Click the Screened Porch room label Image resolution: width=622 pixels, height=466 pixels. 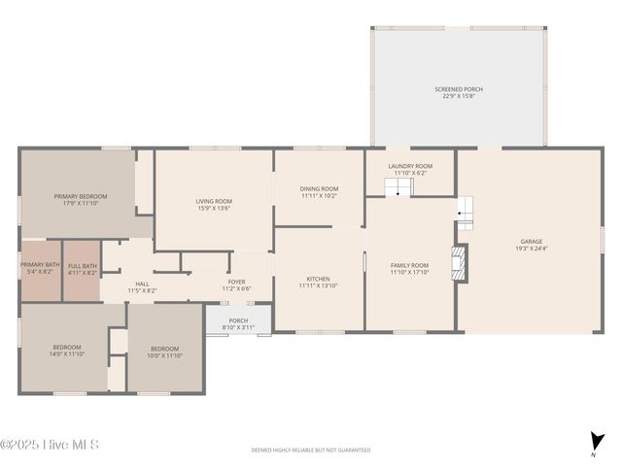coord(458,92)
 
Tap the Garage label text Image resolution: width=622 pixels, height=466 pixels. coord(531,245)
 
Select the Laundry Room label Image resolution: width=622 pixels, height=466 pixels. coord(410,169)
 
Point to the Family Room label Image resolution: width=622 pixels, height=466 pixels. coord(409,268)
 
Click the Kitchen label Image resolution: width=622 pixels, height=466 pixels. coord(319,282)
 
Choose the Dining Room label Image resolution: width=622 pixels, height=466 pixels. coord(319,191)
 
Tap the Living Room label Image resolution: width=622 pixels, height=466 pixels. coord(214,204)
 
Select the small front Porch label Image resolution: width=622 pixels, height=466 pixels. coord(238,323)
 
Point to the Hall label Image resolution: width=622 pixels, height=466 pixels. coord(142,287)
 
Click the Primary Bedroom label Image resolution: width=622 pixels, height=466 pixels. coord(80,199)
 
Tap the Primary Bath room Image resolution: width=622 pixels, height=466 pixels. coord(40,269)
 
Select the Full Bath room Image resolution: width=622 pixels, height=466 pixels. coord(83,269)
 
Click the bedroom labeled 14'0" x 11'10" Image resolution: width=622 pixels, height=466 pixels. coord(67,350)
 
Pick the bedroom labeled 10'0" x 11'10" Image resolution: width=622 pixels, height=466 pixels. coord(165,351)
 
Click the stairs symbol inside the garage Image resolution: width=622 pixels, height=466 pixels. coord(466,212)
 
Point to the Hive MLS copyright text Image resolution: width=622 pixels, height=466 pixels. coord(50,445)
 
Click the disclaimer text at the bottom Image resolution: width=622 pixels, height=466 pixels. coord(311,450)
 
